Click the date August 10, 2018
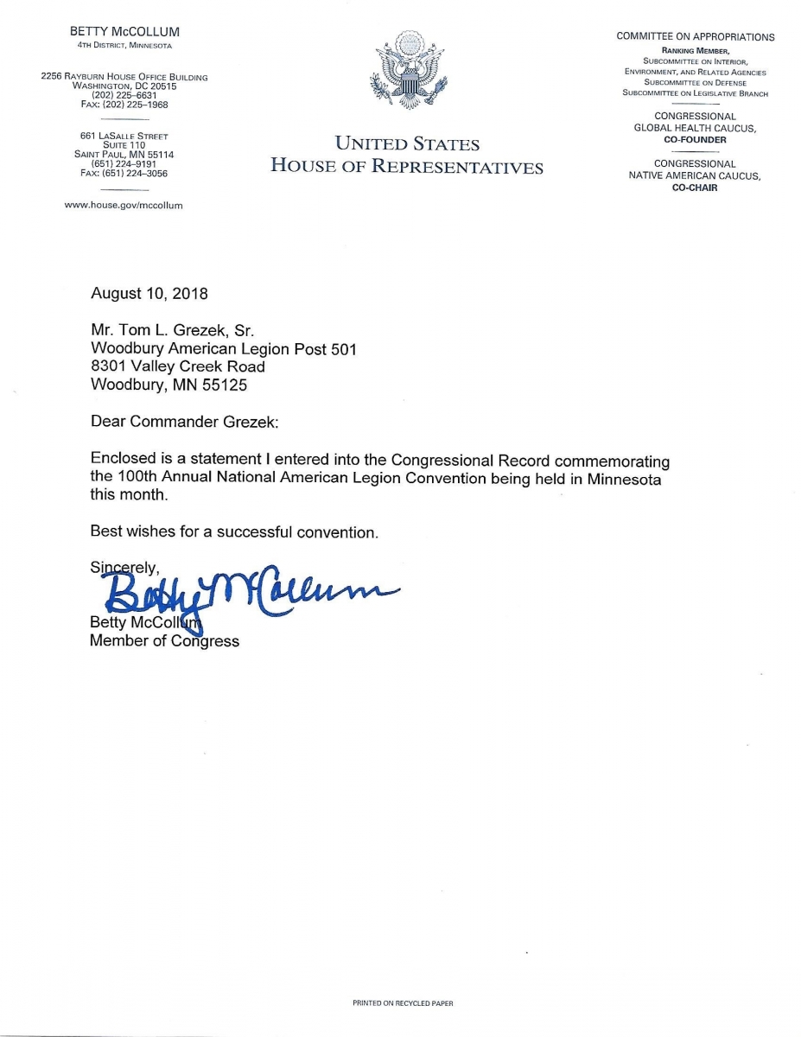[x=149, y=294]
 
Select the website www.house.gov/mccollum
[x=124, y=206]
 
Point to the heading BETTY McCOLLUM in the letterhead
[x=124, y=32]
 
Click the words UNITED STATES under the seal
[x=406, y=144]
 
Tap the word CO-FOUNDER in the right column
[x=696, y=140]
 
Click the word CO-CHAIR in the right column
[x=695, y=188]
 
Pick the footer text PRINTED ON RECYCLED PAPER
[x=403, y=1003]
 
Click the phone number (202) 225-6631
[x=124, y=95]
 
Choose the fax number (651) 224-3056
[x=124, y=174]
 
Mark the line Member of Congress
[x=164, y=641]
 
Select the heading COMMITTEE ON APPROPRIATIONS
[x=695, y=36]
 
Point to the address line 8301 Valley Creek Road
[x=178, y=367]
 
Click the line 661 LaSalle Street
[x=124, y=137]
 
